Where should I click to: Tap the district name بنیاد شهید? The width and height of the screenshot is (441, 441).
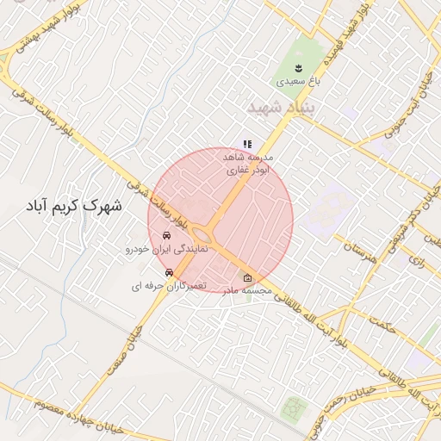(x=282, y=108)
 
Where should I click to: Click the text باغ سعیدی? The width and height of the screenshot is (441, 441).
(x=297, y=84)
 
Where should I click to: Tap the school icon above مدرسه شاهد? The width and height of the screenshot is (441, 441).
(x=246, y=145)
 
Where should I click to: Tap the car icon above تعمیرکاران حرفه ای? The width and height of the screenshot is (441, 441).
(x=168, y=271)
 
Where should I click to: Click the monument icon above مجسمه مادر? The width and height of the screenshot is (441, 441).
(x=248, y=277)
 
